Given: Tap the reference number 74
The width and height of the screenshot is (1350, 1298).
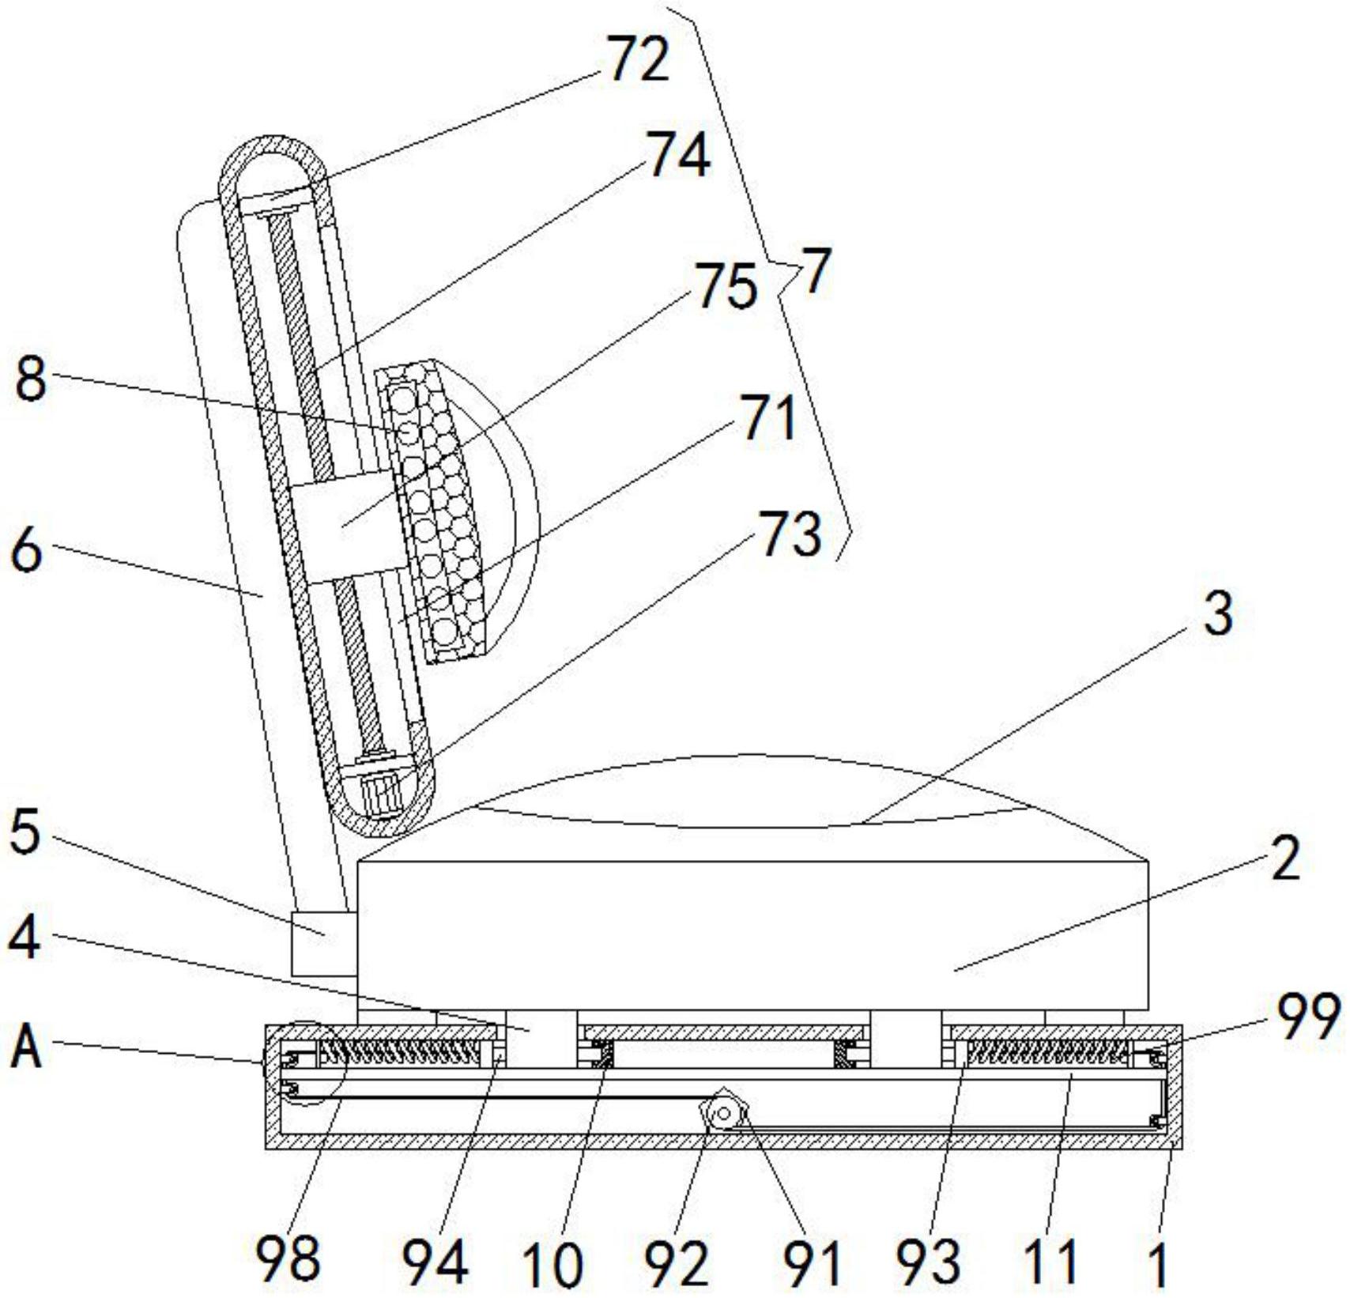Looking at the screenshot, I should [x=678, y=155].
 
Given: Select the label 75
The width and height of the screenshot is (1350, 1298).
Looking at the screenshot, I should [x=725, y=287].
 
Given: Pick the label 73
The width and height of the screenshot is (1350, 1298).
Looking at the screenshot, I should [x=790, y=534].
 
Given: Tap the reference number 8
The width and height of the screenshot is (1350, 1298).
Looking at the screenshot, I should [x=31, y=380].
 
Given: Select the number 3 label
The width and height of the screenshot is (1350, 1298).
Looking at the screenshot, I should [x=1217, y=614].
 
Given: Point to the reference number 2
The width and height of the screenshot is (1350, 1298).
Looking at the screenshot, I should [x=1286, y=859].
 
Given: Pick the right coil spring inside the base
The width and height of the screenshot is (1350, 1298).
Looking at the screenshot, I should [x=1047, y=1053].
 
